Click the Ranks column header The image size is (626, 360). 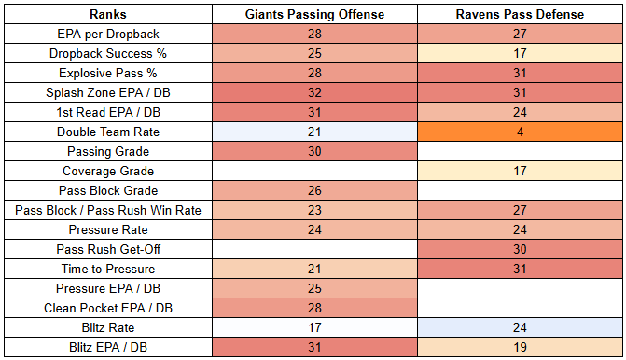(x=108, y=14)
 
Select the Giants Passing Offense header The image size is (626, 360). (x=314, y=14)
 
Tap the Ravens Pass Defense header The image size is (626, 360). (x=520, y=14)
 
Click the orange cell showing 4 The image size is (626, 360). (x=520, y=132)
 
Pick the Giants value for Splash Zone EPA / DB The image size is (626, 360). (x=314, y=92)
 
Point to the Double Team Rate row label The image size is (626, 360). (x=108, y=132)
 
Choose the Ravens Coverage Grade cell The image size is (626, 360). (x=520, y=171)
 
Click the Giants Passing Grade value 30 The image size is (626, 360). (x=314, y=151)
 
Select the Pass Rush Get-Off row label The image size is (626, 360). (x=108, y=249)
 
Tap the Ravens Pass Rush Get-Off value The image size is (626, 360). (x=520, y=249)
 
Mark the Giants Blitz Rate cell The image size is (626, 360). (x=314, y=327)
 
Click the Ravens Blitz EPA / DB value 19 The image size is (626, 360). (x=520, y=347)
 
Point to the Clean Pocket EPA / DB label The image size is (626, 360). (x=108, y=308)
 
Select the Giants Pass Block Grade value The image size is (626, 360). (x=314, y=190)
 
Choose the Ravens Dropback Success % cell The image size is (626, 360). (x=520, y=53)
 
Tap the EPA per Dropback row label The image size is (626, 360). (x=108, y=34)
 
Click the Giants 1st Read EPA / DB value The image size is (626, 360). (x=314, y=112)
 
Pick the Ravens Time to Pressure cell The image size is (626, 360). (x=520, y=269)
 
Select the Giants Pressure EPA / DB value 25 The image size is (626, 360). (x=314, y=288)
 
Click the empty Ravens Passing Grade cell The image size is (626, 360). (x=520, y=151)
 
